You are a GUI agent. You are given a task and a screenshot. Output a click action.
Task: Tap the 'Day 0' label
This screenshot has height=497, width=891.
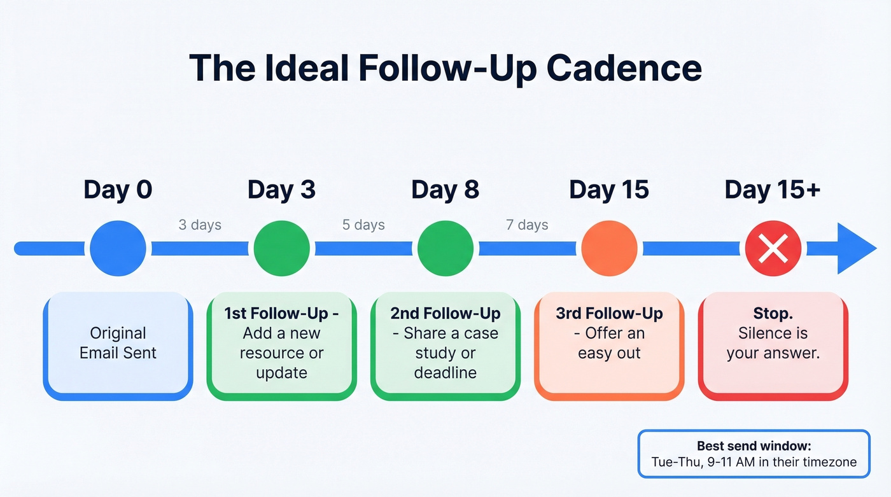(118, 190)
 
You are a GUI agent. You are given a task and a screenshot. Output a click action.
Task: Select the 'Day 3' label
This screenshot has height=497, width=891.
(281, 190)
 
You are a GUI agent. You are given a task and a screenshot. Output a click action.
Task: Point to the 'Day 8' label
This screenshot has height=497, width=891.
(445, 190)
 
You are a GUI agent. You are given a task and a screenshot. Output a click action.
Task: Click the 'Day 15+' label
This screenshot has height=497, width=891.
(773, 190)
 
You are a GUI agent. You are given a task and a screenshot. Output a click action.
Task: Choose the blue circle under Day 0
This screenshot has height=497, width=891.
(118, 248)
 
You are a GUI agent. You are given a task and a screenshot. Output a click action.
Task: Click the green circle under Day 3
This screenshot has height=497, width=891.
(281, 248)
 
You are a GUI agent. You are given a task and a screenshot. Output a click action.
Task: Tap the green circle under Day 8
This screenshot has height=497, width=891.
(445, 248)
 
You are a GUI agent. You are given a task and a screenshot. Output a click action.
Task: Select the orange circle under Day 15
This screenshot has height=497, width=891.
(609, 248)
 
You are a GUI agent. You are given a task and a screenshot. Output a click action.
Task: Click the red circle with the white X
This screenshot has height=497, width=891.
(773, 248)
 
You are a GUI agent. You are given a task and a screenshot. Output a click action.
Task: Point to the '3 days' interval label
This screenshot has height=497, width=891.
(200, 225)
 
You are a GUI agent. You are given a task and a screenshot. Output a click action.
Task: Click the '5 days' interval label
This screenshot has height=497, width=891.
(363, 225)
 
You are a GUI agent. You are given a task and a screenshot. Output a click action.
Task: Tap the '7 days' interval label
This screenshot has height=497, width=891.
(527, 225)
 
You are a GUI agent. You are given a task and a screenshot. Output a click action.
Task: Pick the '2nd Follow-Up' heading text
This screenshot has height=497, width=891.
(445, 313)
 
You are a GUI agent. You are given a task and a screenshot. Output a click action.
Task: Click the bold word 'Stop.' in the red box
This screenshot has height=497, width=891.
(773, 313)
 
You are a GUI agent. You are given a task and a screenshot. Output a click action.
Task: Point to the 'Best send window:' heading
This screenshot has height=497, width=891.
(754, 446)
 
